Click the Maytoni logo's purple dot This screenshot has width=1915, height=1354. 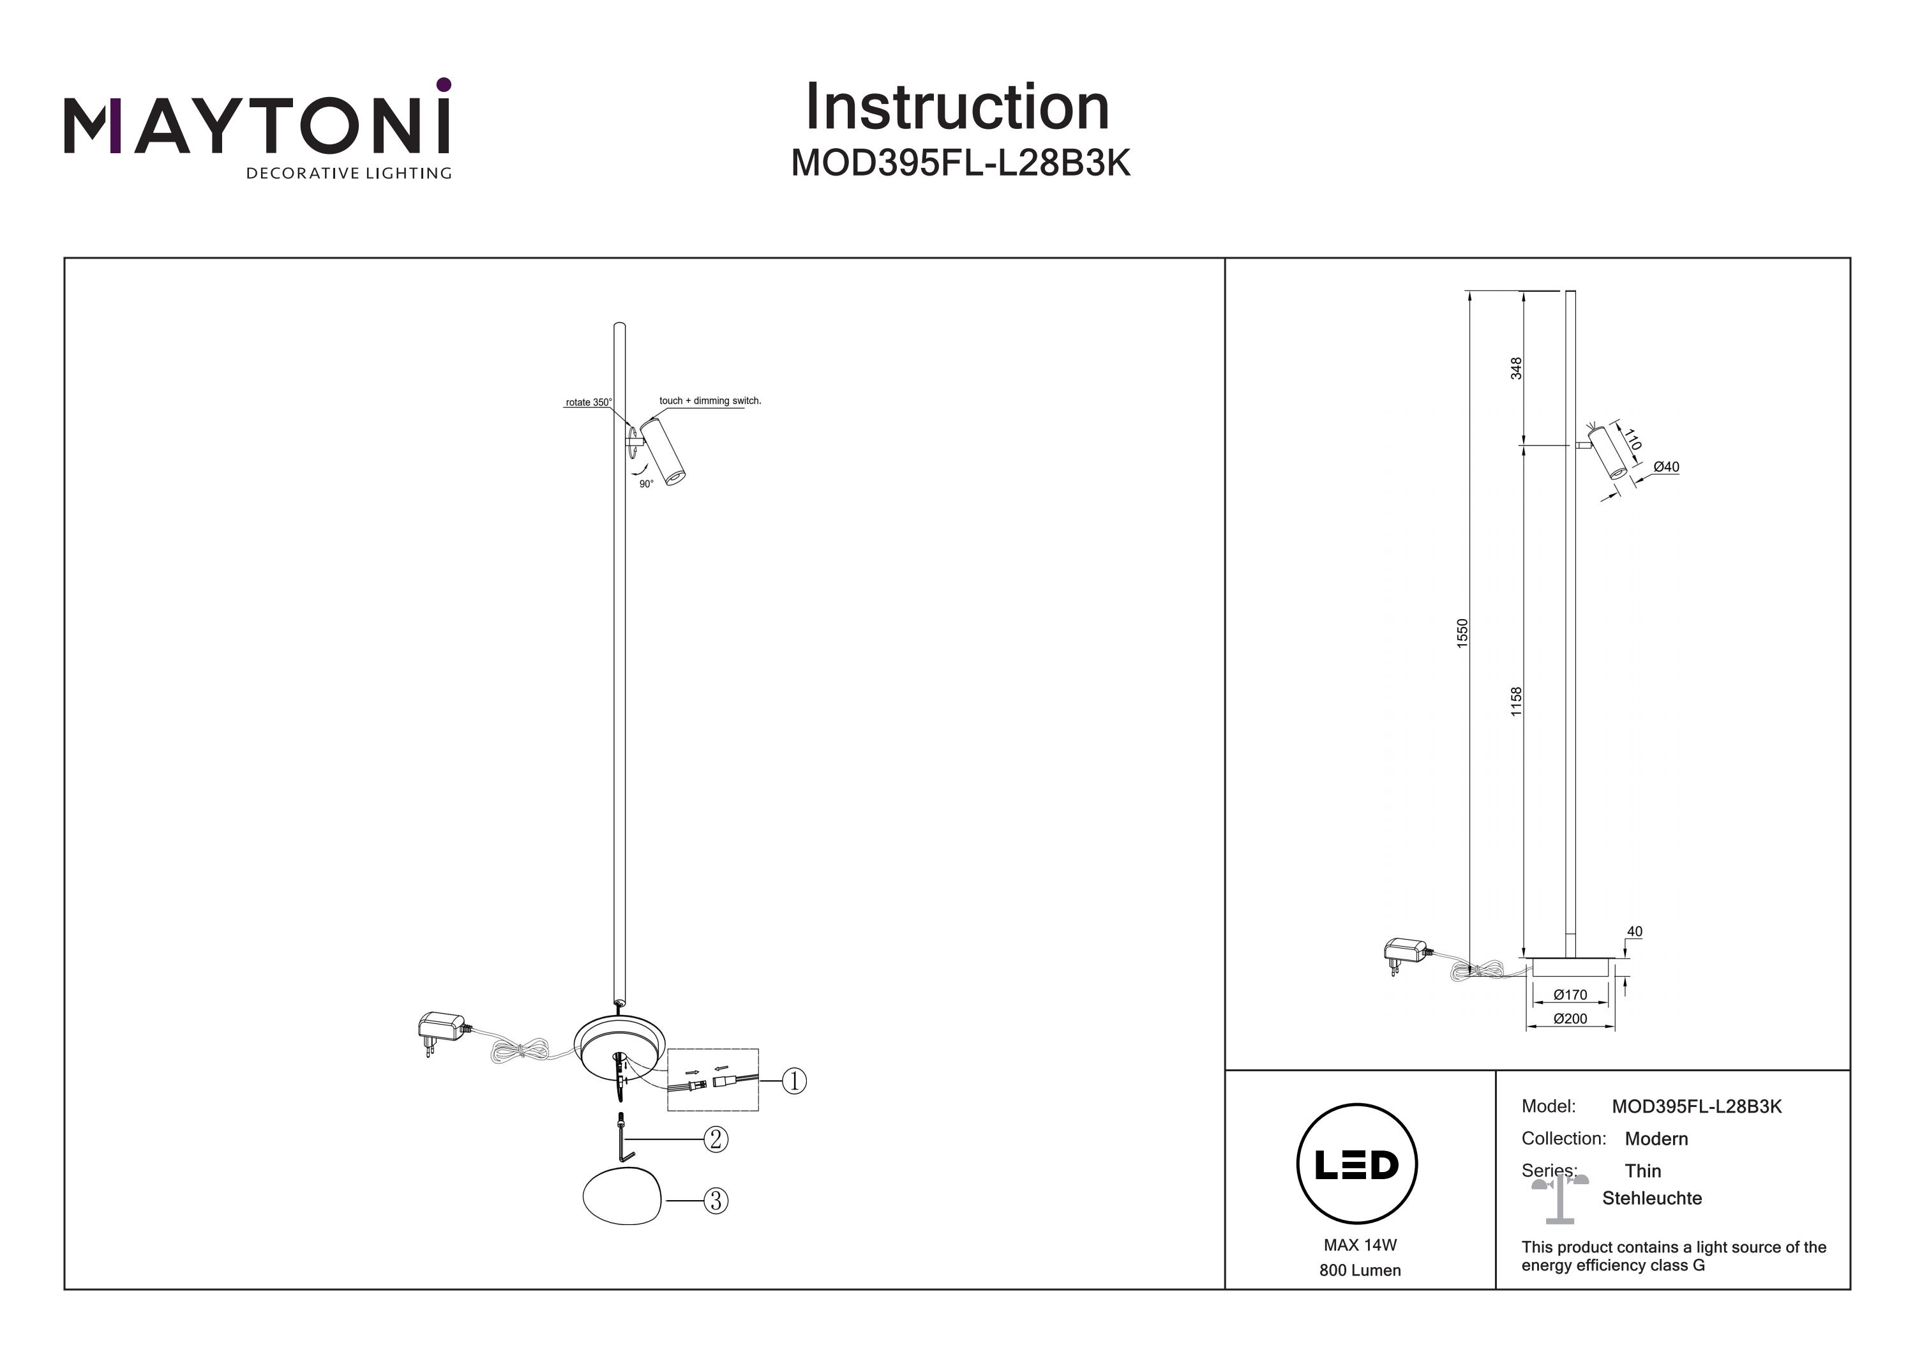coord(444,84)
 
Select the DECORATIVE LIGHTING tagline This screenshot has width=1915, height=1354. coord(349,174)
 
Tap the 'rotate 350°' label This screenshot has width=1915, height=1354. coord(588,403)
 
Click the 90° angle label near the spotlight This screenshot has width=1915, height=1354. coord(647,485)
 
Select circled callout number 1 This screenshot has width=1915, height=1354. coord(794,1081)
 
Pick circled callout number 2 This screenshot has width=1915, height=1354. coord(716,1140)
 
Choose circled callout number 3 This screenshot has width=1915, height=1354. coord(716,1201)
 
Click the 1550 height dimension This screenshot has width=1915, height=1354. coord(1461,633)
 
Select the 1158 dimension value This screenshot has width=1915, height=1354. coord(1516,702)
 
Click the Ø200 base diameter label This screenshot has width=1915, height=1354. coord(1570,1019)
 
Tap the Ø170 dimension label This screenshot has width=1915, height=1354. coord(1570,995)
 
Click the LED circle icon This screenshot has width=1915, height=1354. coord(1357,1164)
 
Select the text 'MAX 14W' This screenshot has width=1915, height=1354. coord(1360,1245)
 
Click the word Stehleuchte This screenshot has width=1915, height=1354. coord(1651,1199)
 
